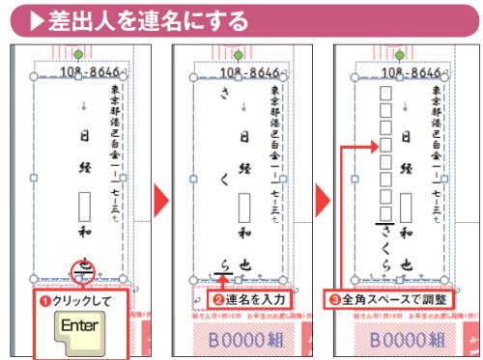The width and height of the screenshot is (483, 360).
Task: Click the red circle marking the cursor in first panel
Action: (82, 270)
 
